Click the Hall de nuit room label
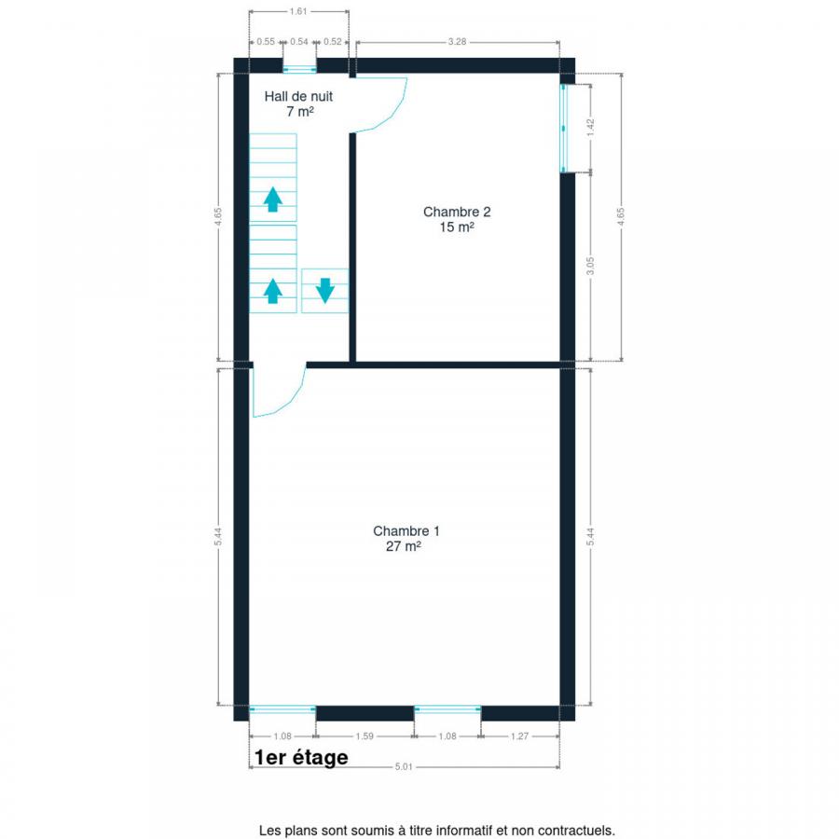coord(298,96)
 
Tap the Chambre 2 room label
coord(457,212)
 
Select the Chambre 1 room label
coord(406,530)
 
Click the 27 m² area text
coord(403,546)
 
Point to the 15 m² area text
coord(457,227)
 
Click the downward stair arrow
coord(324,291)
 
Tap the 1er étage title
coord(301,758)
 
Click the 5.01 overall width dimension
coord(404,767)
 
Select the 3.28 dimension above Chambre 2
coord(457,42)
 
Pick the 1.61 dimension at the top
coord(298,11)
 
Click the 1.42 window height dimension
coord(591,128)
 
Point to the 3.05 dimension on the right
coord(591,266)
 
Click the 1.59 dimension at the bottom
coord(364,736)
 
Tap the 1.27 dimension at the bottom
coord(519,736)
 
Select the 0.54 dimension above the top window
coord(299,42)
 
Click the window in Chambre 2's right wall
coord(563,129)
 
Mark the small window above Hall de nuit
coord(299,69)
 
